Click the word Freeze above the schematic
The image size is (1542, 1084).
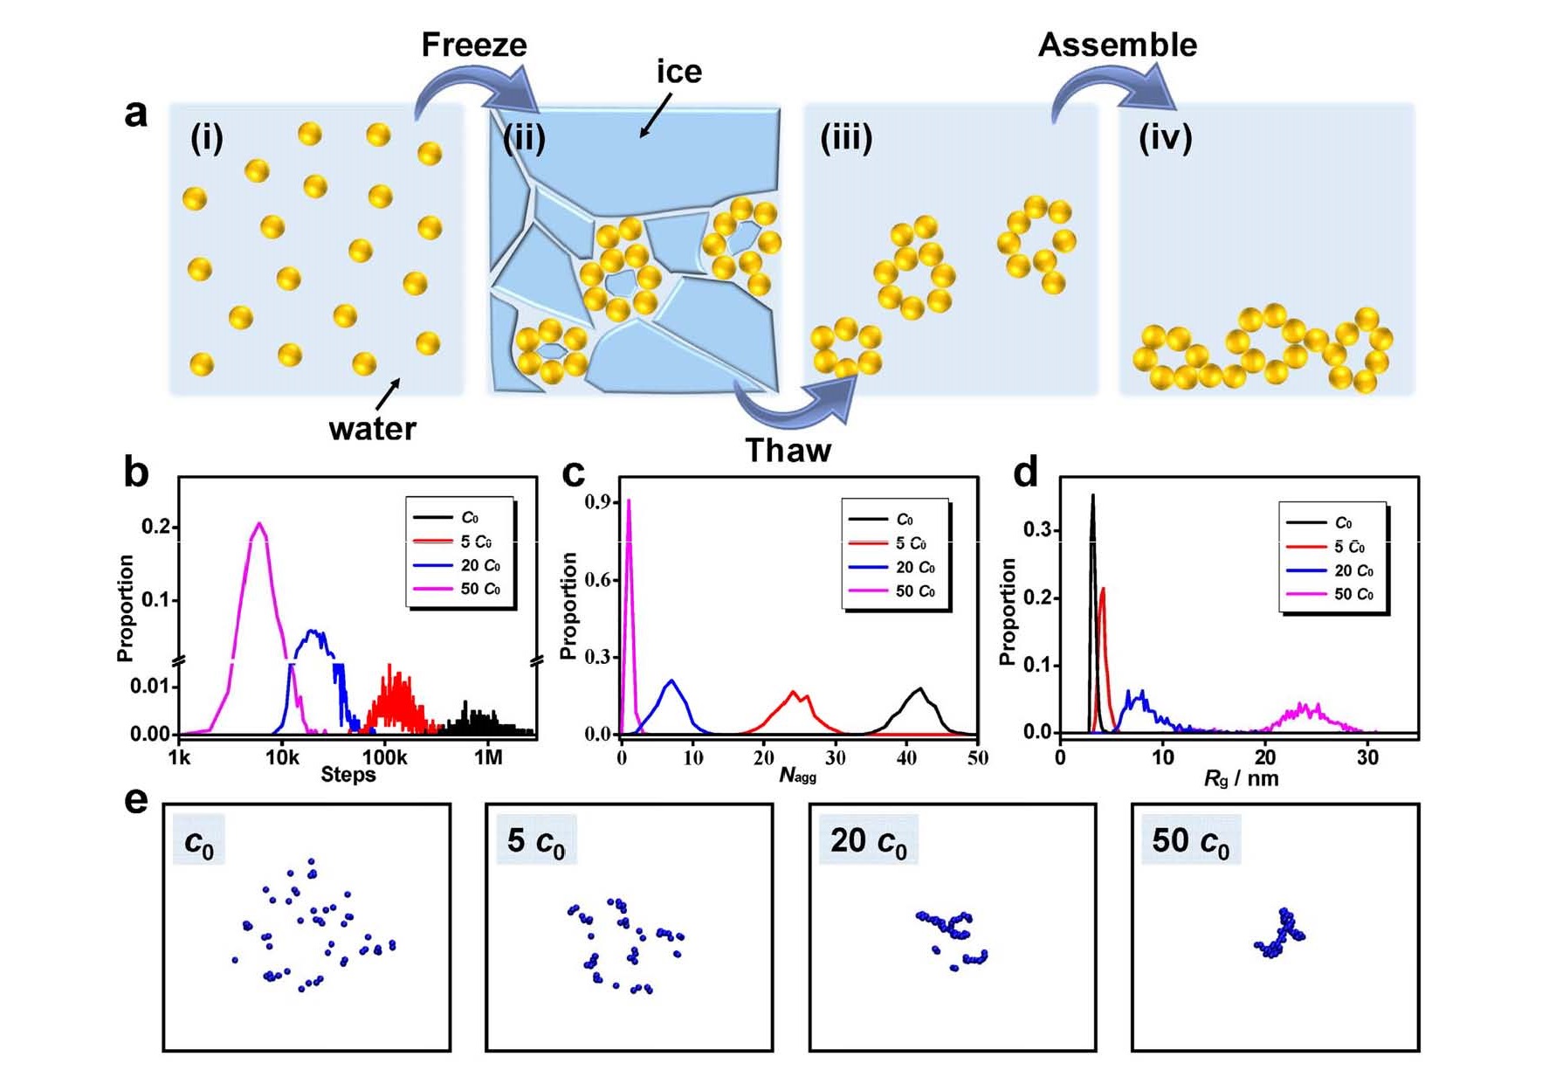(x=474, y=45)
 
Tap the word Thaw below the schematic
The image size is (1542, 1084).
(x=788, y=451)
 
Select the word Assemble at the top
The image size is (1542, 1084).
(x=1118, y=45)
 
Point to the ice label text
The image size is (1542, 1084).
(x=679, y=72)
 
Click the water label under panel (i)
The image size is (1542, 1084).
(x=373, y=429)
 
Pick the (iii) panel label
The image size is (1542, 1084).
(x=846, y=138)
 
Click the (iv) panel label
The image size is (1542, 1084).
(x=1165, y=138)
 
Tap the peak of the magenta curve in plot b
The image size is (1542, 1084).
(x=258, y=523)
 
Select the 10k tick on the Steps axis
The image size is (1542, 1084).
(x=282, y=757)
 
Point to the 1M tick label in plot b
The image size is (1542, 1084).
(x=488, y=757)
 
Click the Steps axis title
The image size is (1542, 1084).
(x=348, y=775)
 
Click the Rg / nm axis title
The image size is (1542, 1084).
(x=1241, y=778)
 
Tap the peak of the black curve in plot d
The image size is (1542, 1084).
(x=1092, y=496)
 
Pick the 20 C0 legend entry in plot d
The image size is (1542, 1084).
(x=1330, y=570)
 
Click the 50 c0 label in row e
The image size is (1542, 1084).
(x=1190, y=841)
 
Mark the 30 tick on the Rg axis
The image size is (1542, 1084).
(x=1367, y=757)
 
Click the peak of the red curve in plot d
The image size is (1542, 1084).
(x=1104, y=589)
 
